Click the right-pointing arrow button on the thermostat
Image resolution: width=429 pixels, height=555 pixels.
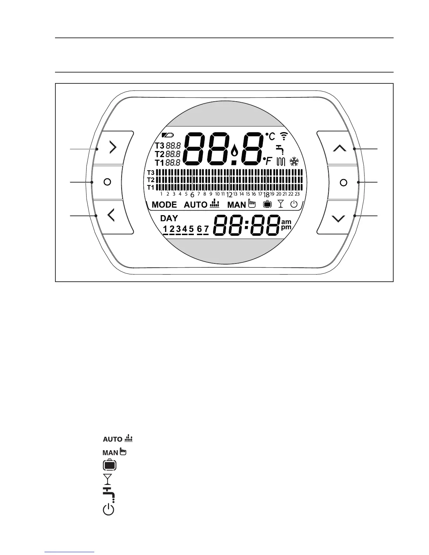click(x=113, y=148)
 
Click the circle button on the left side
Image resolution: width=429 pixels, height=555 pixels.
click(x=108, y=182)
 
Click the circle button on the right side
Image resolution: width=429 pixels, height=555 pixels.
click(x=343, y=183)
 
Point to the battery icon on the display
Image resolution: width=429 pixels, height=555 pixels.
click(x=167, y=135)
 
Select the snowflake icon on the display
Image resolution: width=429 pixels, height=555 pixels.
click(x=294, y=162)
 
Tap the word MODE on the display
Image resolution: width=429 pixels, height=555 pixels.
click(x=164, y=205)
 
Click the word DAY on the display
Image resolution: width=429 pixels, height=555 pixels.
click(x=169, y=218)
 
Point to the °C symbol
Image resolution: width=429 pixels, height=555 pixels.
click(x=270, y=137)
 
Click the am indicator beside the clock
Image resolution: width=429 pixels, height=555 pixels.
click(x=286, y=221)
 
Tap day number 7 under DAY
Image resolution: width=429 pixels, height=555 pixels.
click(x=206, y=229)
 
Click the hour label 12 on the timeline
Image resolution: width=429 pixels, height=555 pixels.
click(x=229, y=195)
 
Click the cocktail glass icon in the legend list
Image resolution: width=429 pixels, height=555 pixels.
click(x=108, y=479)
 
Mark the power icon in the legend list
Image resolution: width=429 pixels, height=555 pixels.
click(x=109, y=509)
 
